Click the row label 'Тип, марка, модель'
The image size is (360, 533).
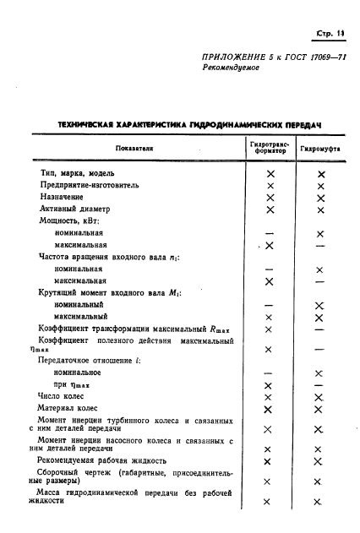78,172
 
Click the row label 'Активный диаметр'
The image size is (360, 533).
74,208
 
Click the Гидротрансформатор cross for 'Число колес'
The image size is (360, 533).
270,396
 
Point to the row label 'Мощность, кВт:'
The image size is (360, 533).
68,220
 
